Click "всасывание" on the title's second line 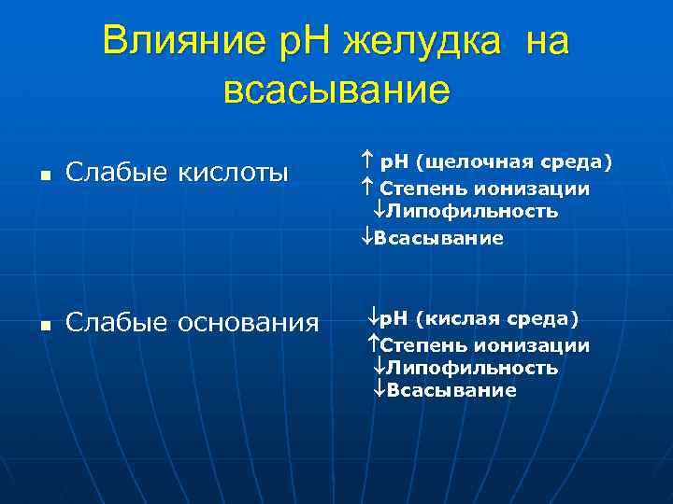(x=337, y=91)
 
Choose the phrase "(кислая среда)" (x=497, y=320)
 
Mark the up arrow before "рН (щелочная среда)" (x=365, y=163)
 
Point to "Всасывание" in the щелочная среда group (x=439, y=238)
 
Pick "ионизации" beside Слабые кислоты (x=543, y=189)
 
